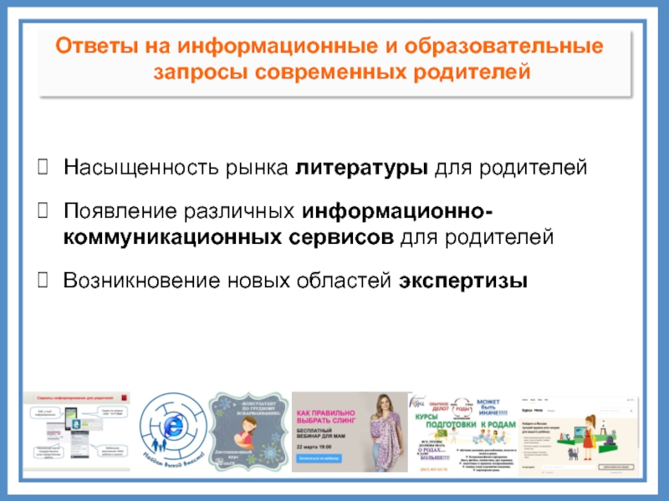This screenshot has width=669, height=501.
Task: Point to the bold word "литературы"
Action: pyautogui.click(x=361, y=169)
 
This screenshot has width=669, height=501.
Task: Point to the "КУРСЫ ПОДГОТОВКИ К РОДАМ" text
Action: pyautogui.click(x=464, y=423)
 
